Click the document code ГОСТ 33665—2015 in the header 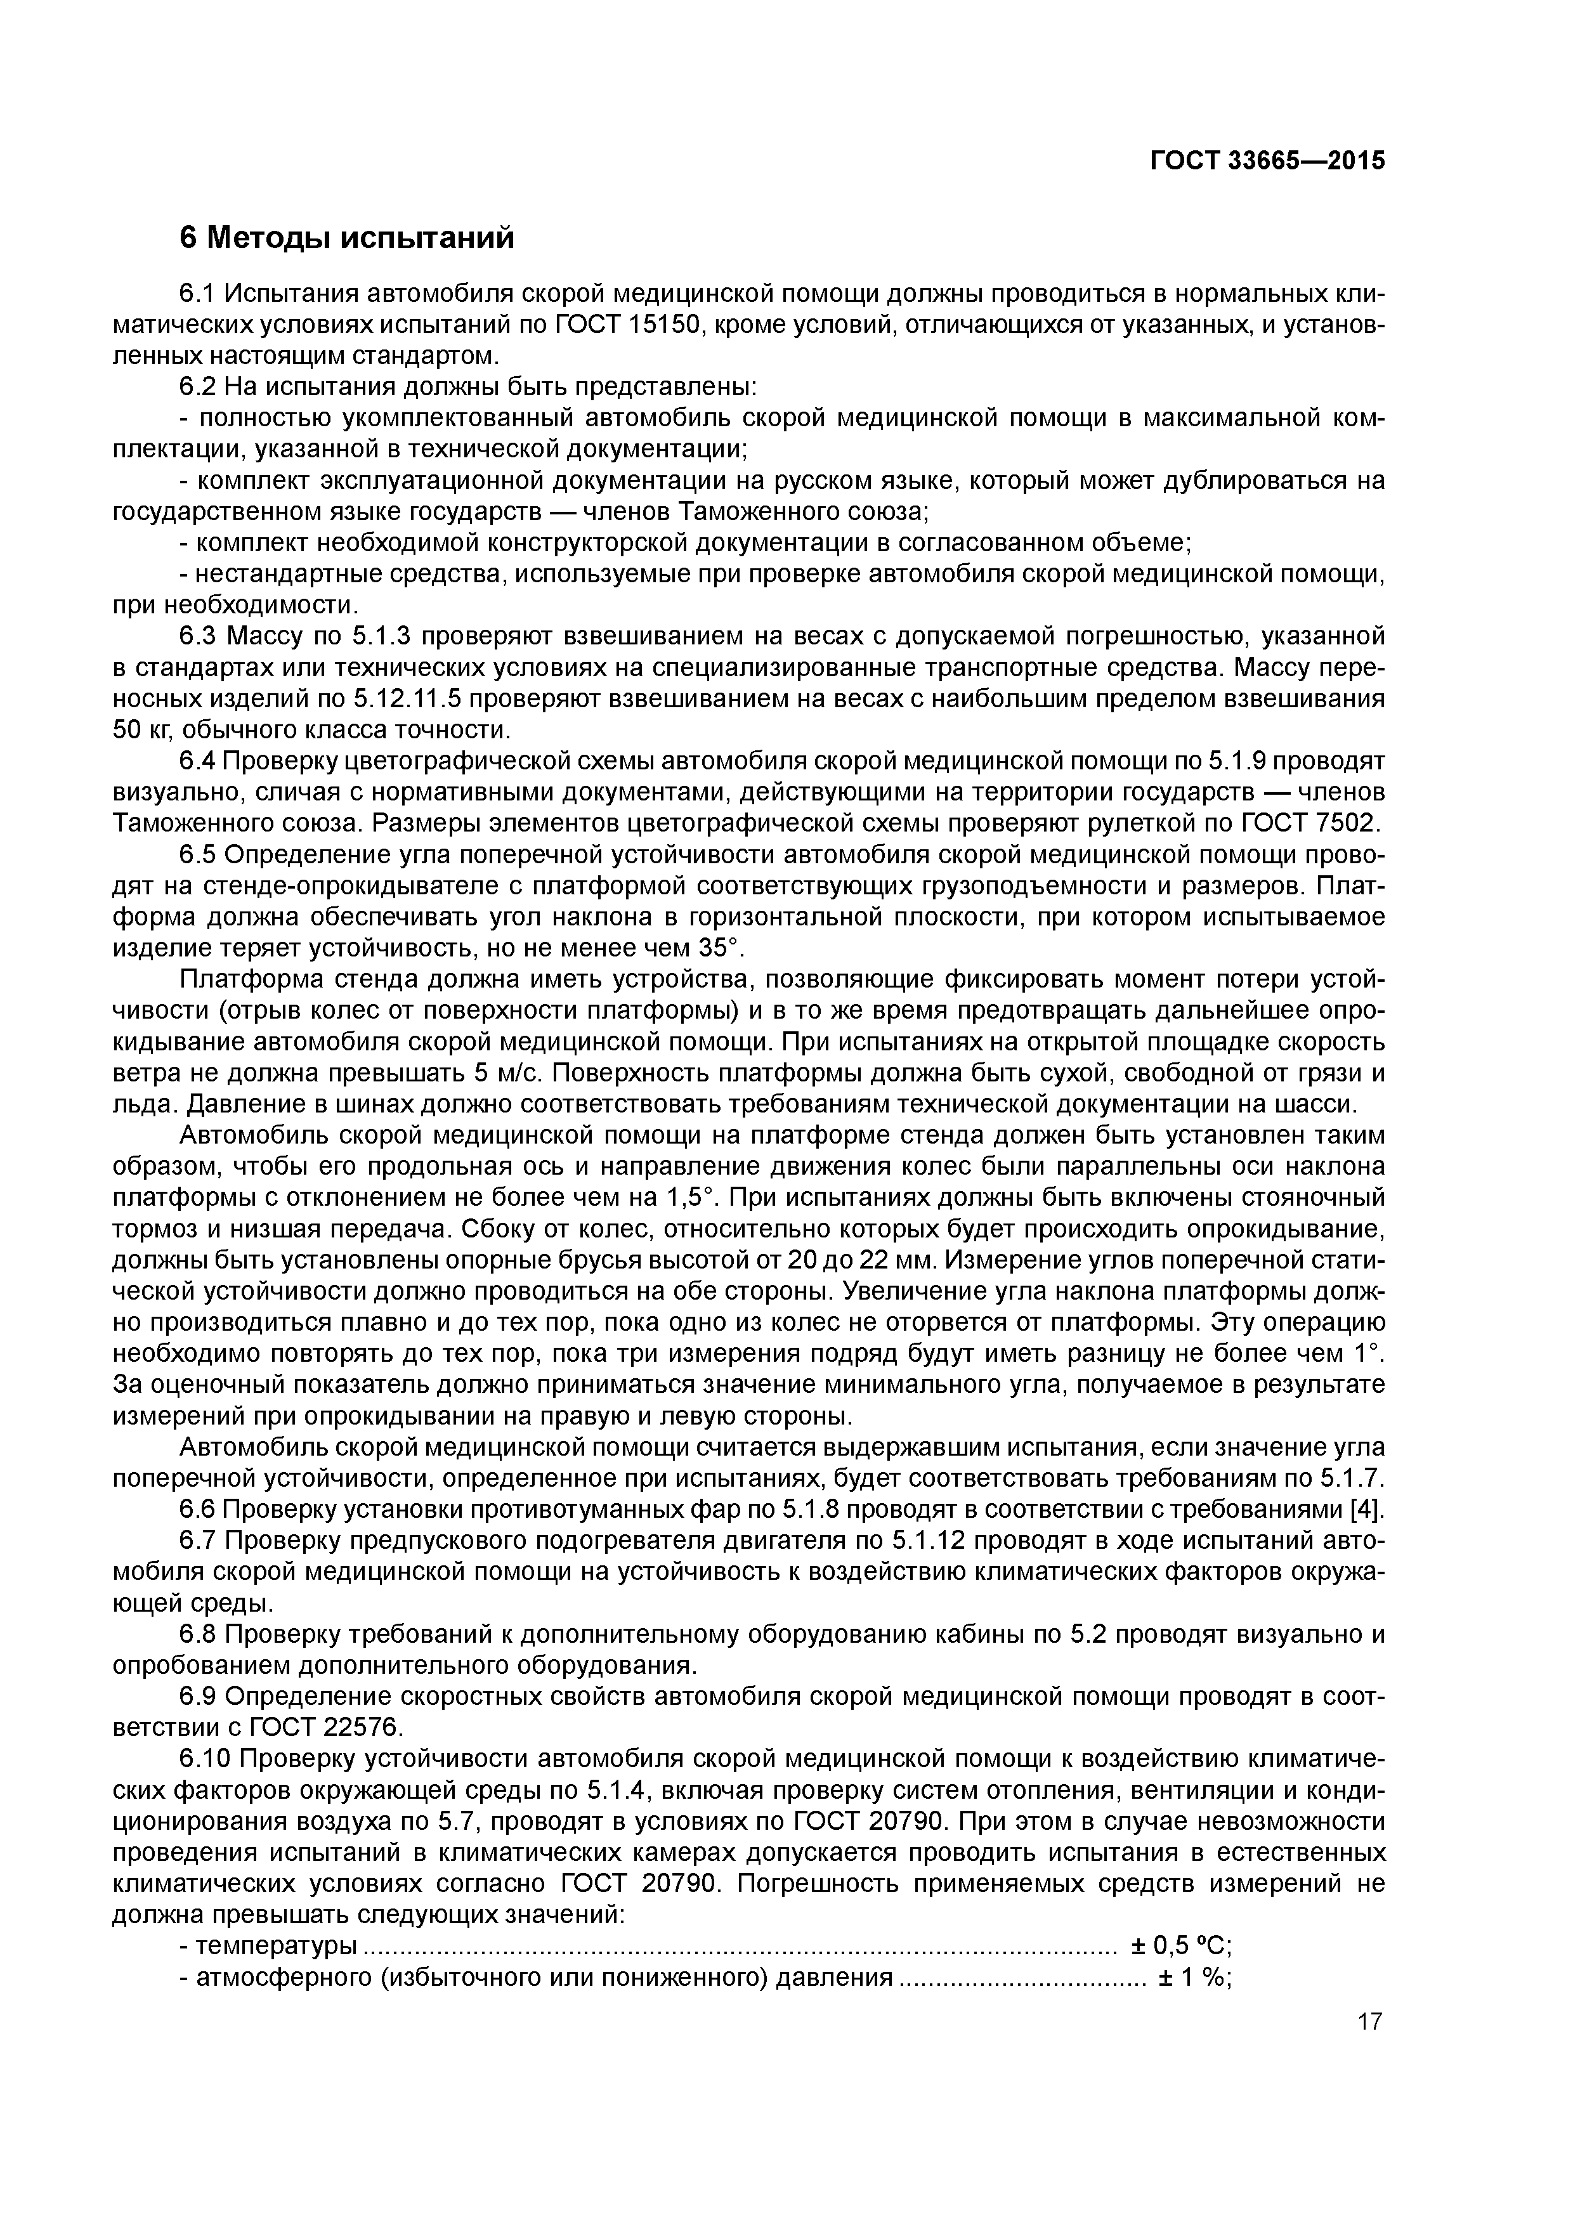[x=1267, y=161]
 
